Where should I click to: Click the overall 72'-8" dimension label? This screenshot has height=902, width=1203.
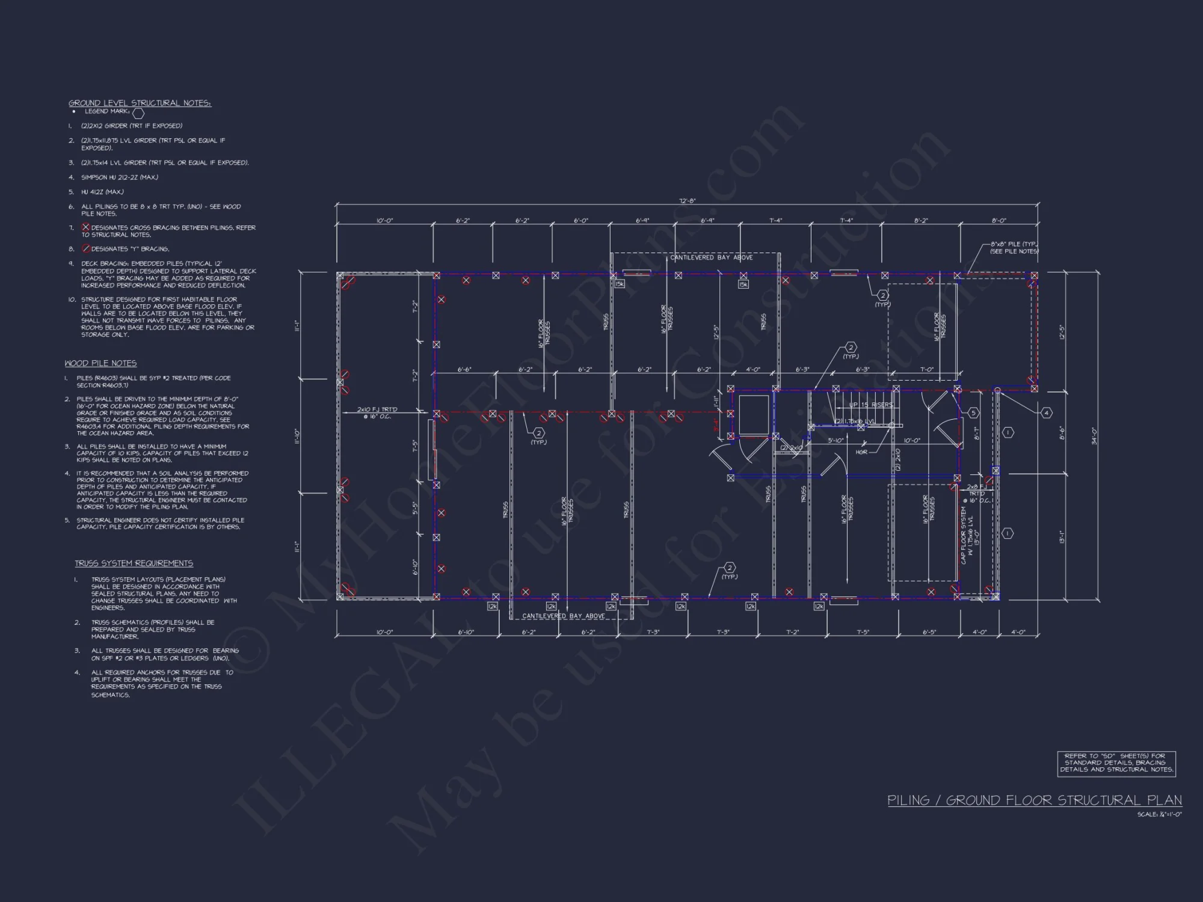tap(687, 201)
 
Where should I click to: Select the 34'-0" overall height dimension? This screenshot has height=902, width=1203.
tap(1094, 435)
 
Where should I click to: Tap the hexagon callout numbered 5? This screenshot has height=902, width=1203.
tap(973, 413)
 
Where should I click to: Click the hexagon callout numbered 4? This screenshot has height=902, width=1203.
tap(1046, 413)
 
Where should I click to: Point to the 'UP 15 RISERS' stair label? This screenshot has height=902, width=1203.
tap(870, 405)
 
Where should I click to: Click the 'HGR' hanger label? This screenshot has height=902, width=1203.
tap(861, 452)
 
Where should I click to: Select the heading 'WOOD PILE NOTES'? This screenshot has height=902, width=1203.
tap(100, 363)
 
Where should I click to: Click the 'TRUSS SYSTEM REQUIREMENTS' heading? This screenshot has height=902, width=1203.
tap(134, 563)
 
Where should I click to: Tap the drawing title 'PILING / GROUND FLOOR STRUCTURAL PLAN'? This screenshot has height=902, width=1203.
tap(1035, 800)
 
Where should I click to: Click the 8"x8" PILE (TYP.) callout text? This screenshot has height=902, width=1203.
tap(1014, 248)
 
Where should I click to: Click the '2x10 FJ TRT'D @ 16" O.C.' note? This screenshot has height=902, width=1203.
tap(377, 413)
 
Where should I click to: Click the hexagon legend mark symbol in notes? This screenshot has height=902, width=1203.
tap(138, 112)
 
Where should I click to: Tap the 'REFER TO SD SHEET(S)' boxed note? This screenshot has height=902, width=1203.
tap(1116, 762)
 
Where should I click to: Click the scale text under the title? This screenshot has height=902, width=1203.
tap(1159, 814)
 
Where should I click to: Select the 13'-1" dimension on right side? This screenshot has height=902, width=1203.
tap(1062, 536)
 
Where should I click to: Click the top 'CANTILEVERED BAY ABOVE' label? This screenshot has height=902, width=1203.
tap(711, 257)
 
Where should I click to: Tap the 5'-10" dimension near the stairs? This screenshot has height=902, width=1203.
tap(836, 440)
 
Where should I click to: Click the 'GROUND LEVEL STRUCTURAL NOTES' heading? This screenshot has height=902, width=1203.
tap(140, 103)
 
